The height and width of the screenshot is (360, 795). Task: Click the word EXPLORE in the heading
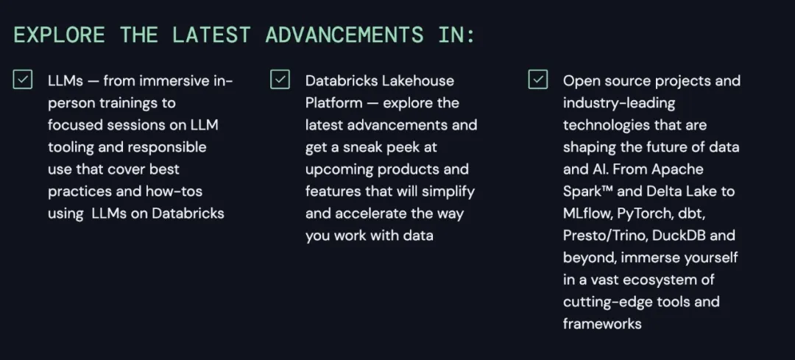click(x=60, y=35)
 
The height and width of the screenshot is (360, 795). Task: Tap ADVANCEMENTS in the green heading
click(x=344, y=35)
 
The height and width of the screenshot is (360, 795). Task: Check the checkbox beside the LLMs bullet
click(x=23, y=80)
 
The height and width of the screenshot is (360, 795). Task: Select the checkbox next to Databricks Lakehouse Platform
click(x=280, y=80)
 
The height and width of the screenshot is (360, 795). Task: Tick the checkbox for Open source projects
click(x=538, y=80)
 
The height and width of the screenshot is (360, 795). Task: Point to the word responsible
click(x=167, y=147)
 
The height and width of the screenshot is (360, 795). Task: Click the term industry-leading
click(x=619, y=104)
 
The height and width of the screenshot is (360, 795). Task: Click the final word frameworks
click(x=602, y=323)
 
